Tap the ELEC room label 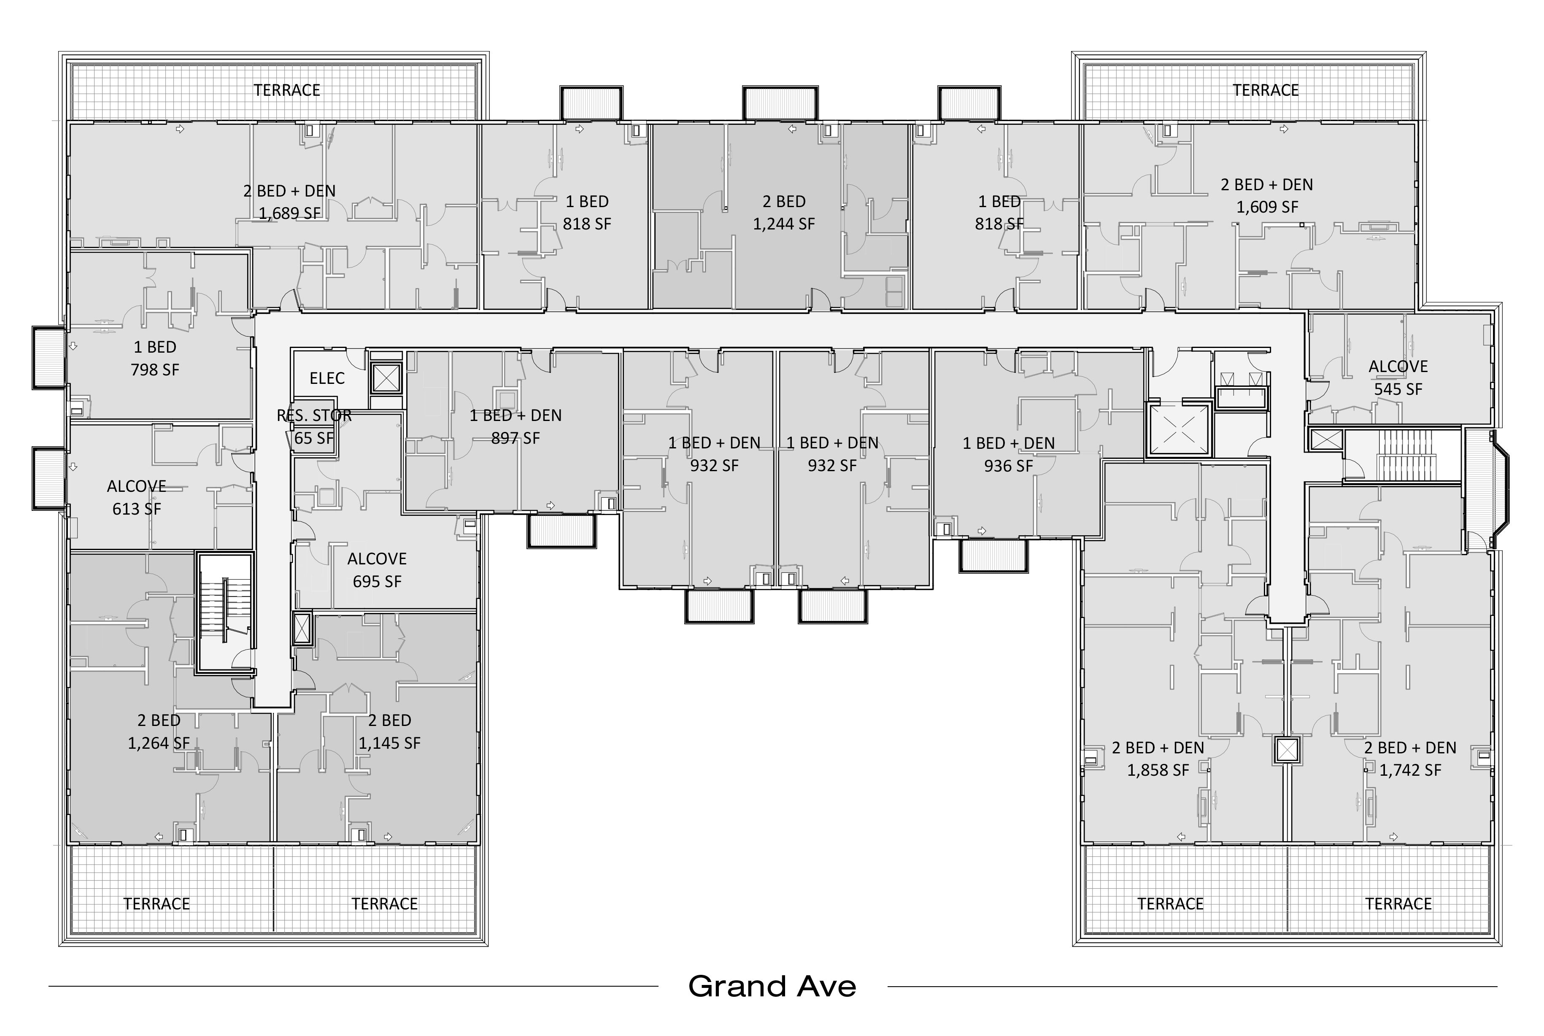coord(327,379)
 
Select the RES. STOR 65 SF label coord(314,427)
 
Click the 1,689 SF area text coord(289,213)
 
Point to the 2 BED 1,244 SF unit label coord(784,213)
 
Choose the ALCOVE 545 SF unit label coord(1398,378)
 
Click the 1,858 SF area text coord(1158,770)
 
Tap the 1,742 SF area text coord(1411,770)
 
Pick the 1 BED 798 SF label coord(155,358)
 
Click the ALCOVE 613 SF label coord(137,497)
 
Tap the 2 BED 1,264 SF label coord(159,731)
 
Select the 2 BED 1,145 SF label coord(390,731)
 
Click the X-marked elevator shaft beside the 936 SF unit coord(1179,429)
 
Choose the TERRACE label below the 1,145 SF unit coord(384,904)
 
